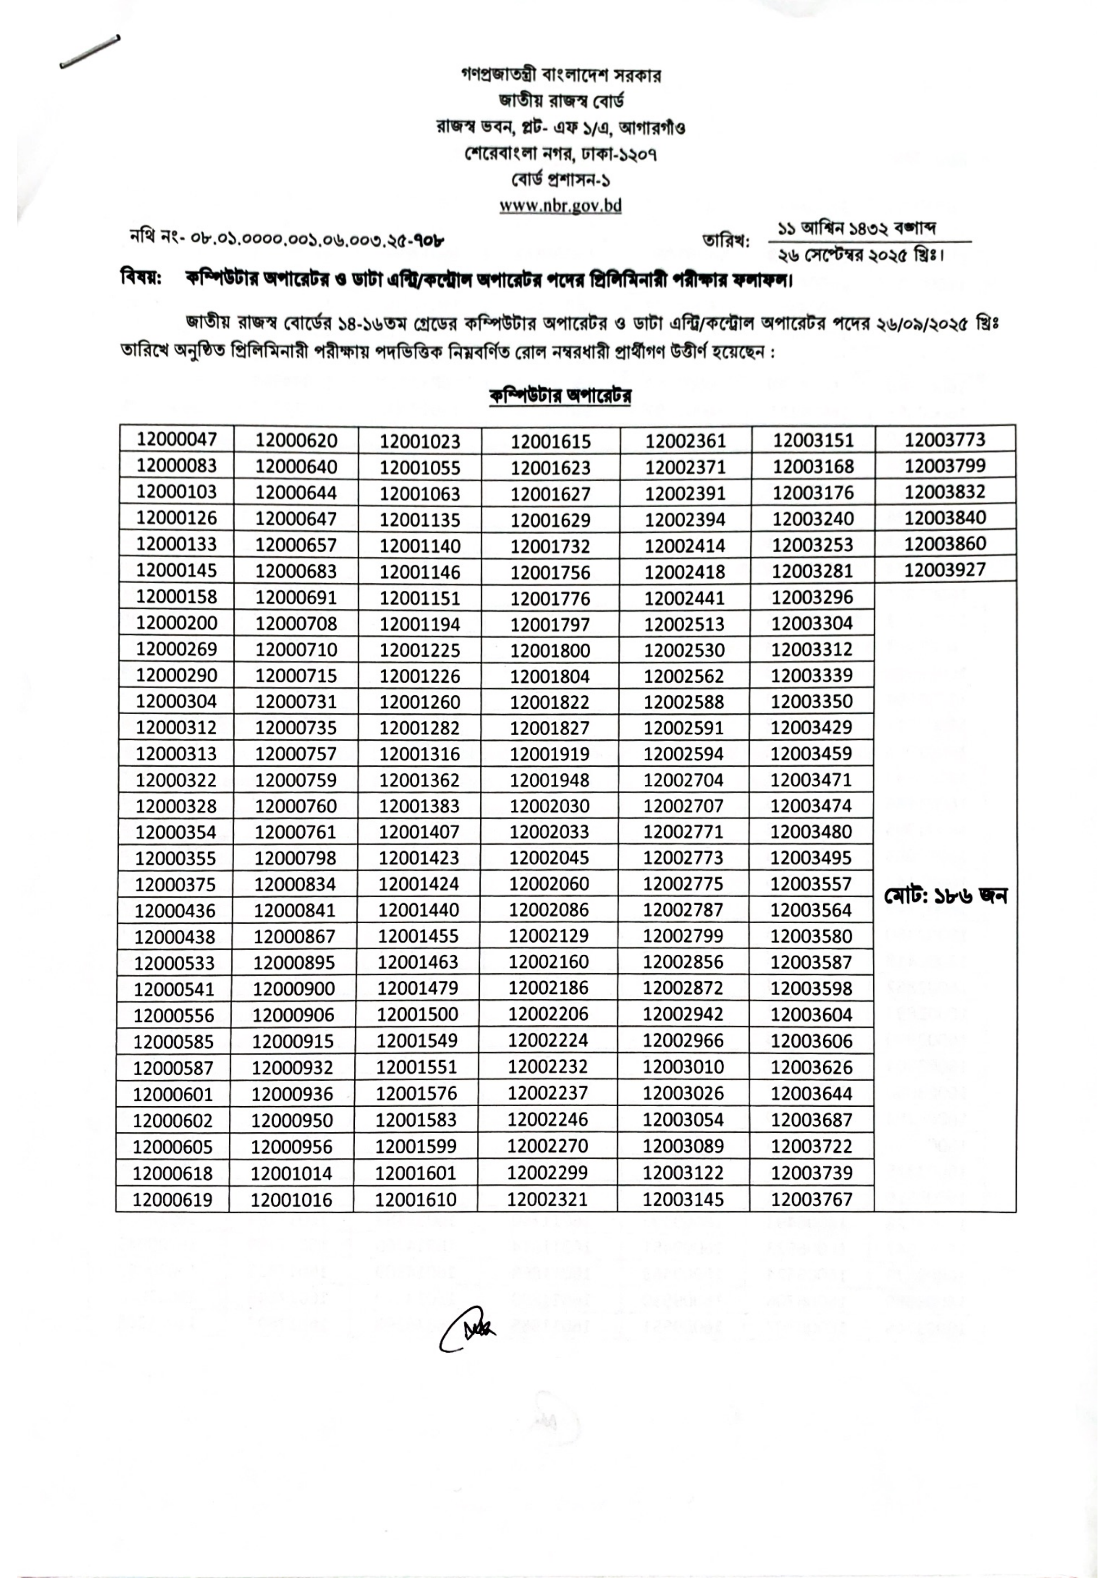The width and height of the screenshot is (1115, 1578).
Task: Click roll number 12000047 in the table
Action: tap(177, 439)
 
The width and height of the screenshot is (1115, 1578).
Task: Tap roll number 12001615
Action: tap(550, 441)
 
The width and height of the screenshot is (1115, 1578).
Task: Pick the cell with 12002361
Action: tap(685, 441)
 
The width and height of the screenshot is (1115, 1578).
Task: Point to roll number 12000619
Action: tap(173, 1200)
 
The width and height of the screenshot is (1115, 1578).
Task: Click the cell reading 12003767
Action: tap(812, 1199)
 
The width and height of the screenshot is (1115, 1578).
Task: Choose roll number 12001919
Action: tap(549, 754)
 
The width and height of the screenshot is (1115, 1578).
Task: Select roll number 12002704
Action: tap(683, 780)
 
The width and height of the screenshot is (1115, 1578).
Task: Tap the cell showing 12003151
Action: tap(813, 441)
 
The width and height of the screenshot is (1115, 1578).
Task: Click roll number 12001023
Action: tap(420, 441)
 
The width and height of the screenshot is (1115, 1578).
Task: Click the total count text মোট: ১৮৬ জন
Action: tap(946, 896)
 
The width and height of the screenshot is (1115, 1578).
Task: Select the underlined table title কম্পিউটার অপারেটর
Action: tap(561, 396)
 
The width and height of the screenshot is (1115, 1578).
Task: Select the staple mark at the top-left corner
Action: tap(90, 52)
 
